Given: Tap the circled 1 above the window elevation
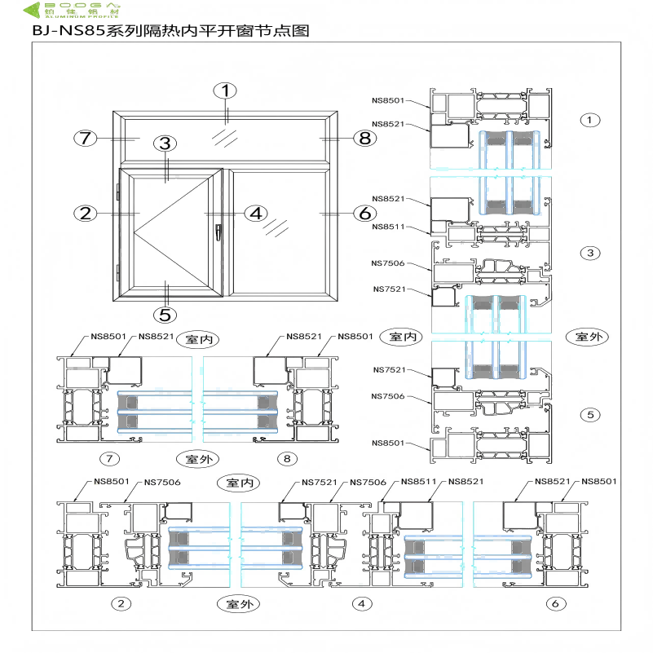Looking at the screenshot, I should tap(226, 90).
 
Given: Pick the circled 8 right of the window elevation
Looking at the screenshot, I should tap(364, 138).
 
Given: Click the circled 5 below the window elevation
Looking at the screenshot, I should tap(165, 312).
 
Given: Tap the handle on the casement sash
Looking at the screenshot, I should tap(218, 232).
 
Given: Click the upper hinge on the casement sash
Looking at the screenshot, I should tap(119, 194).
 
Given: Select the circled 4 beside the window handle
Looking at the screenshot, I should tap(256, 214).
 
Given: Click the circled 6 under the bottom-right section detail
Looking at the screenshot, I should tap(555, 604).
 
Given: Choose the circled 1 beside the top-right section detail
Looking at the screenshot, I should tap(589, 120).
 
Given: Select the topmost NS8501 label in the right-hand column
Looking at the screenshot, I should tap(388, 100).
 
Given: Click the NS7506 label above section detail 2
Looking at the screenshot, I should tap(162, 482).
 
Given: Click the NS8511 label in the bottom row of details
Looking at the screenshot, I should tap(420, 482).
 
